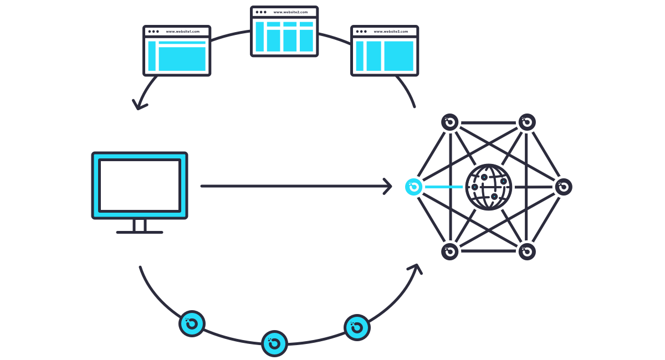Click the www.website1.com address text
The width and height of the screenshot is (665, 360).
(182, 32)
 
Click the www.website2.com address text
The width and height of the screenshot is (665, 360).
(290, 12)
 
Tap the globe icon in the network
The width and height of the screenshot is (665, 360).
(488, 187)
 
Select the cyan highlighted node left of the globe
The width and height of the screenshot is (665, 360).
(413, 187)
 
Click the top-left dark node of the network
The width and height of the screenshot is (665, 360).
(450, 122)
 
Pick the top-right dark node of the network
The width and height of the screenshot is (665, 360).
(527, 122)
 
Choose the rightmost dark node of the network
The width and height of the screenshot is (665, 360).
(564, 187)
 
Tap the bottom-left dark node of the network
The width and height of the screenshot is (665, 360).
(450, 251)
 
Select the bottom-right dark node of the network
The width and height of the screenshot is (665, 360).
(527, 251)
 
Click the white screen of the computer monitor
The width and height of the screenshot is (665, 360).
(140, 185)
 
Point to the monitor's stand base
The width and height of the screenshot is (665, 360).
(140, 232)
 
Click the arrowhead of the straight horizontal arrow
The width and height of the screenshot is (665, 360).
(388, 186)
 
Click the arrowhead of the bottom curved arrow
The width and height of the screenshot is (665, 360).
(415, 269)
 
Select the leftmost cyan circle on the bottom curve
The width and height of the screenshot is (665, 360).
(192, 323)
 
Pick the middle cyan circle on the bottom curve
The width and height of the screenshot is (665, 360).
(274, 343)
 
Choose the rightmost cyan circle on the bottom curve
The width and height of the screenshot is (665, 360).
(357, 327)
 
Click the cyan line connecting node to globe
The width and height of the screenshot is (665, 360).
(443, 187)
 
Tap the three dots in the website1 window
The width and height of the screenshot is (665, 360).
(154, 32)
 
